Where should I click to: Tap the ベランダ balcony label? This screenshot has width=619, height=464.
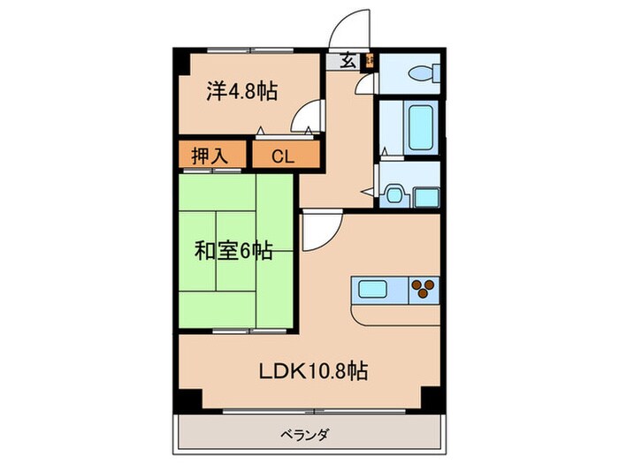307,434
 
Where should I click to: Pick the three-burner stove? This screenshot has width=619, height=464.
424,288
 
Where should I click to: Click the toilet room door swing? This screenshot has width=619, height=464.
366,84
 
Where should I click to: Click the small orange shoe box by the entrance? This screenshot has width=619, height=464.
369,61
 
